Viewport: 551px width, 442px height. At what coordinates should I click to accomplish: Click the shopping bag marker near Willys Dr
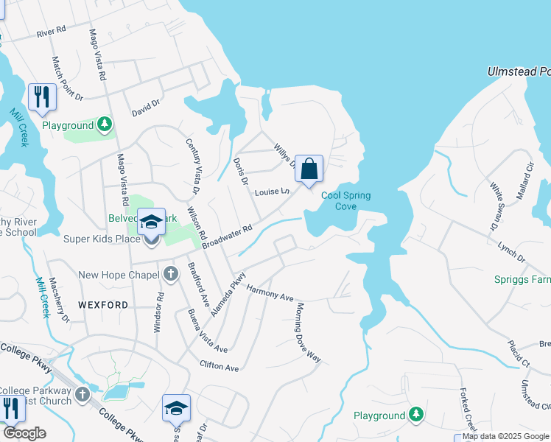click(310, 169)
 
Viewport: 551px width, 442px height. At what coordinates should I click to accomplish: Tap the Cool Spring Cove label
click(345, 200)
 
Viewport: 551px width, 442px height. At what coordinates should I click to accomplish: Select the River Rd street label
click(51, 32)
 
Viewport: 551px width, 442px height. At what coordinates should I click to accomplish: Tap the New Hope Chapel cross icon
click(170, 275)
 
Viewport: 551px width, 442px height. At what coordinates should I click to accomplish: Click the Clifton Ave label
click(220, 366)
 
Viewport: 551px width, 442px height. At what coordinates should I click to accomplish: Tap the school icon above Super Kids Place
click(151, 222)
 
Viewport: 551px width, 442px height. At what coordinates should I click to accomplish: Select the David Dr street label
click(145, 109)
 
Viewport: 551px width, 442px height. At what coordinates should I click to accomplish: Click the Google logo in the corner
click(24, 433)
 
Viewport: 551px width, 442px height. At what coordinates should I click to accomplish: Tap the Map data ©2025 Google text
click(505, 436)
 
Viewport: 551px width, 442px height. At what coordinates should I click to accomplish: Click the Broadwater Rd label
click(228, 236)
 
